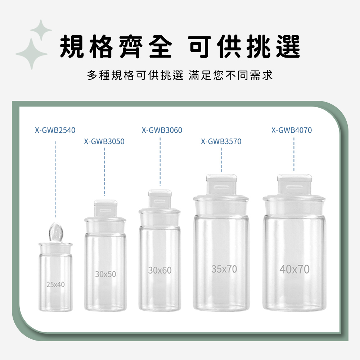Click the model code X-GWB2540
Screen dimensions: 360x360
pyautogui.click(x=55, y=130)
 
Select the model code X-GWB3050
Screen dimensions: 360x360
pyautogui.click(x=104, y=141)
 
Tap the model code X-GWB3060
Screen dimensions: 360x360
pyautogui.click(x=162, y=130)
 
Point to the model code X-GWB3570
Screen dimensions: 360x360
pyautogui.click(x=221, y=141)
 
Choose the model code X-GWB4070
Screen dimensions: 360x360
pyautogui.click(x=292, y=130)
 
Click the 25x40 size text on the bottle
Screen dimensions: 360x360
pyautogui.click(x=55, y=285)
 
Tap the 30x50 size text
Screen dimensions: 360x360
pyautogui.click(x=105, y=274)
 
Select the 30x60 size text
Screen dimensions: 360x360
pyautogui.click(x=160, y=270)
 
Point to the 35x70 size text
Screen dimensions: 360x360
pyautogui.click(x=224, y=269)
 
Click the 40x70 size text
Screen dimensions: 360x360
pyautogui.click(x=294, y=269)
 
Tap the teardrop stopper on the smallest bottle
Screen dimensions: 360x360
pyautogui.click(x=55, y=232)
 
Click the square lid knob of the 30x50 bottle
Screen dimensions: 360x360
pyautogui.click(x=105, y=208)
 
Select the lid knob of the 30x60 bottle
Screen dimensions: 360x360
pyautogui.click(x=160, y=199)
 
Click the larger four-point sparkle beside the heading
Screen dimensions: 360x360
pyautogui.click(x=32, y=54)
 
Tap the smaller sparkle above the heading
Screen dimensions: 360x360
pyautogui.click(x=41, y=30)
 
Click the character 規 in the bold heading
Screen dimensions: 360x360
pyautogui.click(x=71, y=46)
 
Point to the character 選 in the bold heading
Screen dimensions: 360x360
pyautogui.click(x=288, y=46)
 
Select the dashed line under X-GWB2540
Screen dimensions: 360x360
pyautogui.click(x=55, y=179)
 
